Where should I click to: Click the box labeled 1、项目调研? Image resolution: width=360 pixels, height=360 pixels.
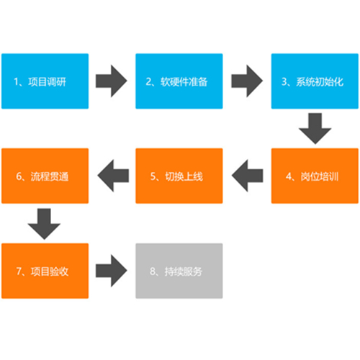45,81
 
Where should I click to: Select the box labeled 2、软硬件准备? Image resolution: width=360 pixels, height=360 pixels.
179,81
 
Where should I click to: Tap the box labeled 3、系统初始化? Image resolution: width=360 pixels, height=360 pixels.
315,81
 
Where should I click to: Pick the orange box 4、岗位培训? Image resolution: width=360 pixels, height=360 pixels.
315,176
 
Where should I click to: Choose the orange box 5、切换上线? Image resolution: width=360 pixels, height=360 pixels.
179,176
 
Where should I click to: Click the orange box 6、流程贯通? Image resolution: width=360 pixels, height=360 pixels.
45,176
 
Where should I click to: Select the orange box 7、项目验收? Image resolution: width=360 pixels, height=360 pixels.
45,271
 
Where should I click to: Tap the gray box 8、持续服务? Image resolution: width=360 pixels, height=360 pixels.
179,271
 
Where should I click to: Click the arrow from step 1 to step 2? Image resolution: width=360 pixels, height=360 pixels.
111,81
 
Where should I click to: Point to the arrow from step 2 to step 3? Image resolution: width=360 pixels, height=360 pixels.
247,81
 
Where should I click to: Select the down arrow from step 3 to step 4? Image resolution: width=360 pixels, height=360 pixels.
315,128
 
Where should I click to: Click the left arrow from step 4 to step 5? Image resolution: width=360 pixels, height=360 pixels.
248,176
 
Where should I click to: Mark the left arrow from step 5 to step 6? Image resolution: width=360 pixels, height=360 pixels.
113,176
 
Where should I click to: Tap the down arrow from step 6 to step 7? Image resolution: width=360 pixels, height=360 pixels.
44,224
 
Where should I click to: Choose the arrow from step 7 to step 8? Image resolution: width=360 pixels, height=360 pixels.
111,271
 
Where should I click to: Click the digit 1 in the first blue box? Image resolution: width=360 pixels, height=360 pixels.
16,82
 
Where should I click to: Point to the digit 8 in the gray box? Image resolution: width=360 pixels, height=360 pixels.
153,271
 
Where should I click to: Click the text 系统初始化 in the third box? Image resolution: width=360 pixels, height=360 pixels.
320,82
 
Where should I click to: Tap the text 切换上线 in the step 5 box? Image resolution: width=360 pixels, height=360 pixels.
184,176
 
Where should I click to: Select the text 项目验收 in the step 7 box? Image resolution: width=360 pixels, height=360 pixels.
50,271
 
